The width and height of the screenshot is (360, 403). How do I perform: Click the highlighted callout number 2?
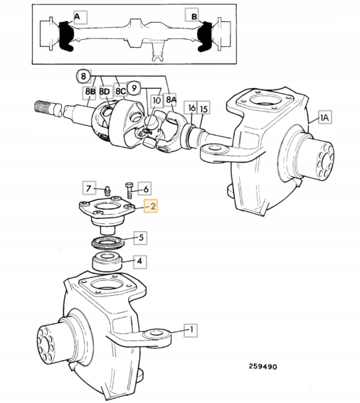click(x=151, y=206)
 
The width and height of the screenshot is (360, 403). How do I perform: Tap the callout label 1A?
click(x=324, y=117)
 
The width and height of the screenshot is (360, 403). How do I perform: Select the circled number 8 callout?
click(x=83, y=76)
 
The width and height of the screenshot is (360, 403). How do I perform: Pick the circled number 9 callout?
click(x=134, y=88)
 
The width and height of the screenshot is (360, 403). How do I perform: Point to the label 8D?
click(x=104, y=92)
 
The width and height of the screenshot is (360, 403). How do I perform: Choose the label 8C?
click(x=120, y=92)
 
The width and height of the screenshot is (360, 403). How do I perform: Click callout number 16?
click(x=191, y=108)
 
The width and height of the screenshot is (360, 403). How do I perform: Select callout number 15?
click(x=203, y=108)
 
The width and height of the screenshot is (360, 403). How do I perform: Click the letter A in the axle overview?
click(x=77, y=17)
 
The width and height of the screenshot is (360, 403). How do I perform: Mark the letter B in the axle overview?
click(x=194, y=16)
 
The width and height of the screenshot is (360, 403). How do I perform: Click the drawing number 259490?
click(x=263, y=366)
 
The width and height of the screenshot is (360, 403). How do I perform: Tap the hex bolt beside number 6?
click(x=129, y=190)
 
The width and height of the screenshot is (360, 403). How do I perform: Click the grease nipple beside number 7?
click(x=107, y=190)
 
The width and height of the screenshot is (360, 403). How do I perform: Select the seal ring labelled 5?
click(x=107, y=244)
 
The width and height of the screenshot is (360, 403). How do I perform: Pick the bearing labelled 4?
click(x=107, y=262)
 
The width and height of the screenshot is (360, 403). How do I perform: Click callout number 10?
click(x=157, y=100)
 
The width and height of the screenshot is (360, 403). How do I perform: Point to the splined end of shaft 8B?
click(x=43, y=107)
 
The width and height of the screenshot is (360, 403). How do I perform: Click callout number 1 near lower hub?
click(x=191, y=330)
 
